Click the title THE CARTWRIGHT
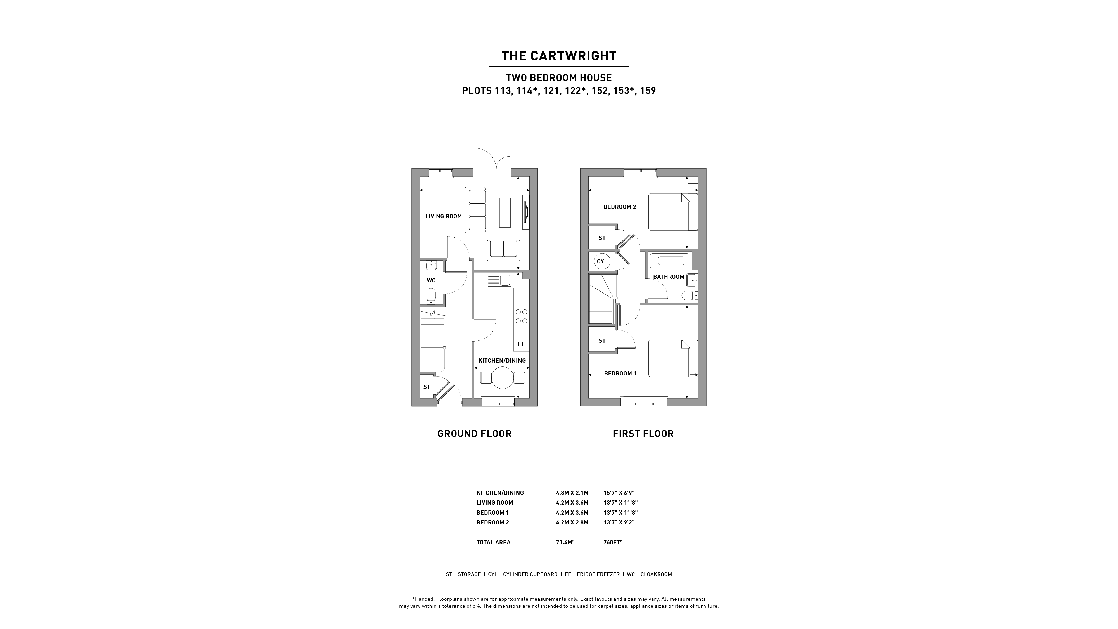(559, 56)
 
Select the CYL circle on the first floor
(602, 261)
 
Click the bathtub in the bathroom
(668, 261)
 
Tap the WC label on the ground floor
(431, 280)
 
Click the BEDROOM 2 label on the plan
(620, 207)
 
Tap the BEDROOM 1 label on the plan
(620, 373)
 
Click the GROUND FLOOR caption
(474, 434)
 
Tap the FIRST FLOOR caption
(643, 434)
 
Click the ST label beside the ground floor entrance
(427, 387)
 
